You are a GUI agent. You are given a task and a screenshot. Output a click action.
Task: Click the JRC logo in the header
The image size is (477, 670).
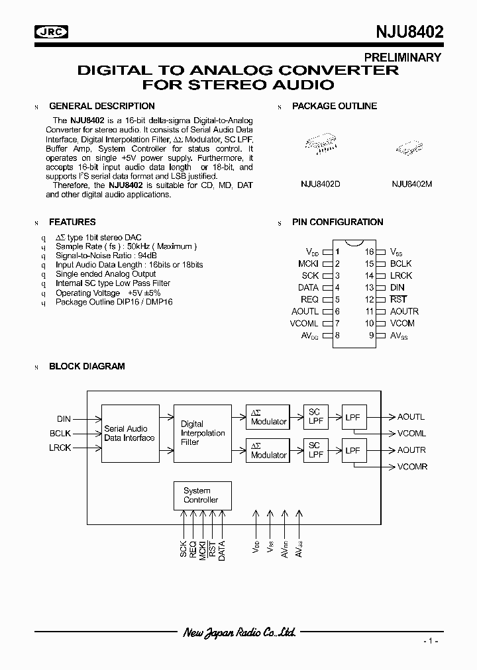(x=52, y=32)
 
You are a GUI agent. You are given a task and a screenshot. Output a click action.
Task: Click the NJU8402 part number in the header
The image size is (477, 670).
(x=405, y=32)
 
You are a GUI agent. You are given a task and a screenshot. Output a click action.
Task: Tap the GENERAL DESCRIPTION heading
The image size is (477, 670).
(x=102, y=106)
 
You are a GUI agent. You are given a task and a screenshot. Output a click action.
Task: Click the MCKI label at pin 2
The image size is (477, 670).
(x=308, y=263)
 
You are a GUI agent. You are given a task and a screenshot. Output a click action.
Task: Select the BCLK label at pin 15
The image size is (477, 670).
(x=401, y=263)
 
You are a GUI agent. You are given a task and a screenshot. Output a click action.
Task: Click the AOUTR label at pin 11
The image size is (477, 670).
(x=404, y=311)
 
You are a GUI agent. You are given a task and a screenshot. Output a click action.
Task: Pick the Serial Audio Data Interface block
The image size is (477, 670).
(x=130, y=433)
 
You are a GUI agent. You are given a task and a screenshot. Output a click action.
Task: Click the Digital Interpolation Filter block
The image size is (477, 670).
(x=203, y=433)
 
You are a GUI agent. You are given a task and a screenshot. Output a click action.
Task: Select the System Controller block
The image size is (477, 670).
(x=200, y=495)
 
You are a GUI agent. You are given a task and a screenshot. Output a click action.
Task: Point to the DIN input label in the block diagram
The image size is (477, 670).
(x=64, y=419)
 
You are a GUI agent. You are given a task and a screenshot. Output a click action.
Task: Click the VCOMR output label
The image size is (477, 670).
(x=412, y=467)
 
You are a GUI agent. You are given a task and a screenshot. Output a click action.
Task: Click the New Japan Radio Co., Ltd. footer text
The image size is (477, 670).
(x=238, y=633)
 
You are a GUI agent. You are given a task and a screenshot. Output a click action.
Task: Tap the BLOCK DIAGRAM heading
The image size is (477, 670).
(x=87, y=366)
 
